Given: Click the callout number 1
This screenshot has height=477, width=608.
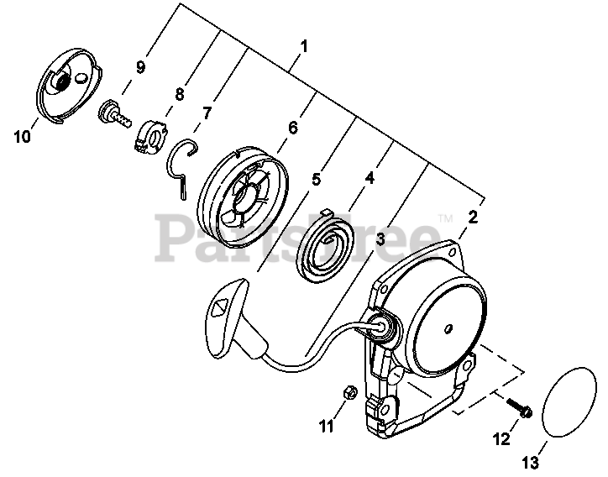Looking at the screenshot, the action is coord(303,45).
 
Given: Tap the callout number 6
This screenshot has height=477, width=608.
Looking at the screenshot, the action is coord(293,128).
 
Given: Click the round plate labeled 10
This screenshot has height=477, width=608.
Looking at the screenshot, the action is coord(71,88).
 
